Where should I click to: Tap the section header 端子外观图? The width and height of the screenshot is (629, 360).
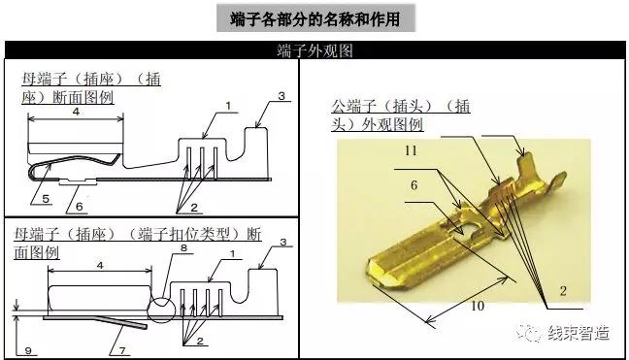[314, 49]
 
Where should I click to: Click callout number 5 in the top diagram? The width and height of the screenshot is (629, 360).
[45, 198]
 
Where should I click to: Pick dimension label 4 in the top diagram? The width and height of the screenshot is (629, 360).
[75, 112]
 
